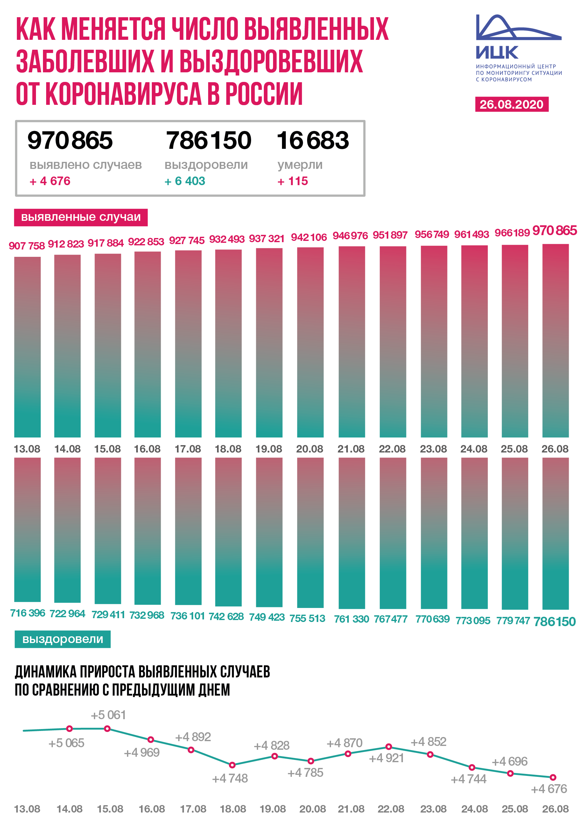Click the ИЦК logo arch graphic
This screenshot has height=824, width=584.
(x=518, y=28)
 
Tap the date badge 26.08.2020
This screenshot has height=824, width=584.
(x=511, y=105)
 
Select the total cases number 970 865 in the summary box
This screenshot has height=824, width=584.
(x=70, y=141)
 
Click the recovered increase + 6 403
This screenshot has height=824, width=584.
(x=185, y=181)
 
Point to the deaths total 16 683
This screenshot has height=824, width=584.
(x=313, y=141)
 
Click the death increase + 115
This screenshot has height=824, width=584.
(x=293, y=181)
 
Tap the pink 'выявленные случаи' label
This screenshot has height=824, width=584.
(x=81, y=217)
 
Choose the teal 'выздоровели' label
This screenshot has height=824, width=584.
(x=63, y=639)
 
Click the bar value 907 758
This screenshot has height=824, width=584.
(x=27, y=246)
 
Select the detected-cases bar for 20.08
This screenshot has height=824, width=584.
(x=310, y=342)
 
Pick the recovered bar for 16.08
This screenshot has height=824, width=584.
(x=147, y=531)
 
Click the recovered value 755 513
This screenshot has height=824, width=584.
(x=307, y=618)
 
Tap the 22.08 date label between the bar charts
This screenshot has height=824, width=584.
(x=392, y=449)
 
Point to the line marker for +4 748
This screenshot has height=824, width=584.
(x=232, y=765)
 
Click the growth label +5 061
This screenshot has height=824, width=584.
(x=108, y=715)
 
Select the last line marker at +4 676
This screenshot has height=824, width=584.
(x=553, y=777)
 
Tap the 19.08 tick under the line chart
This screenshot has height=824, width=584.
(x=272, y=809)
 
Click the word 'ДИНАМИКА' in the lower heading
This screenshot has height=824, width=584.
(x=46, y=672)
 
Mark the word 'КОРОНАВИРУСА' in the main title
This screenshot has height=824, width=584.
(x=123, y=94)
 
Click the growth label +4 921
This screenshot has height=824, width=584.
(x=387, y=758)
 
